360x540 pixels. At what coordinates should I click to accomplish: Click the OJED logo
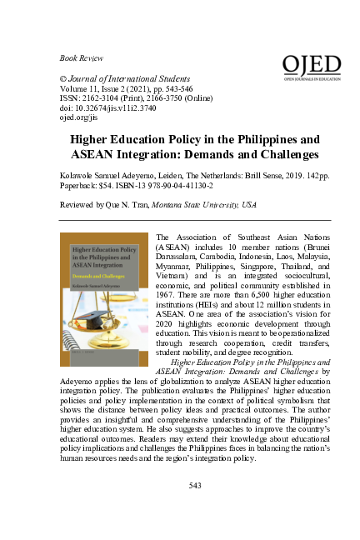click(312, 67)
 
